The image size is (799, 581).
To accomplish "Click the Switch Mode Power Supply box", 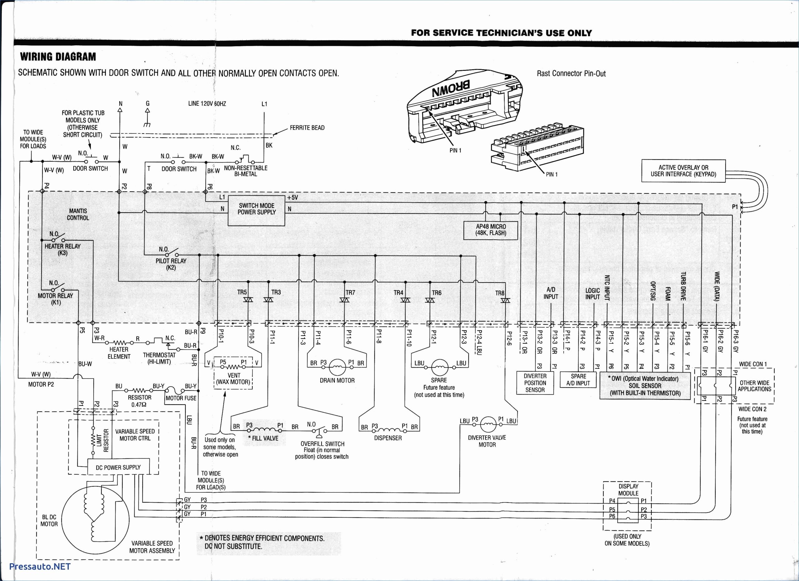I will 256,210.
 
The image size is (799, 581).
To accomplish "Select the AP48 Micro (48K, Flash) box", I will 491,230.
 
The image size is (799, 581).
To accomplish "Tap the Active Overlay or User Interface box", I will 683,171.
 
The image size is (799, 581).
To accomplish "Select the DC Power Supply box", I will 118,468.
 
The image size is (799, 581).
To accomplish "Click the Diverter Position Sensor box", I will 535,383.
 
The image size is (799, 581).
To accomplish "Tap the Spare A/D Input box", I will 578,380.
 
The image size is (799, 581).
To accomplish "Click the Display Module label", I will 628,490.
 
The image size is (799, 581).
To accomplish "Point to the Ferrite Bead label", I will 307,128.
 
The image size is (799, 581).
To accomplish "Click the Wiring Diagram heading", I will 58,57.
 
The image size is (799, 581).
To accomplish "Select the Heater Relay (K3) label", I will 62,249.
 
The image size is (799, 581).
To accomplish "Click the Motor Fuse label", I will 181,398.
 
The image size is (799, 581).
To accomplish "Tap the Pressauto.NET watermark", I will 40,566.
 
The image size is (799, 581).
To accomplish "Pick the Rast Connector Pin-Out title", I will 571,74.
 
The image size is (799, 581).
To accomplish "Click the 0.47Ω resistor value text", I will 139,405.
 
